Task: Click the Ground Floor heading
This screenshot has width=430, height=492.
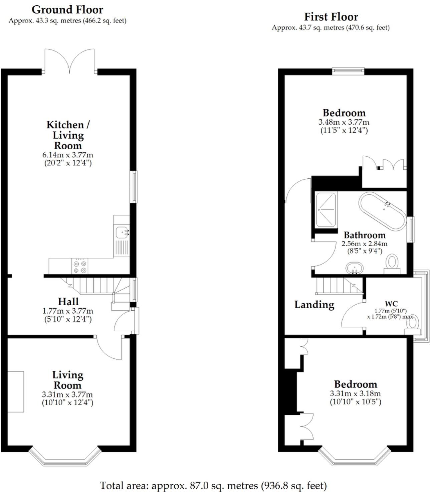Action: (x=67, y=9)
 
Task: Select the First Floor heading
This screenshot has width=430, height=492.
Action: (x=331, y=17)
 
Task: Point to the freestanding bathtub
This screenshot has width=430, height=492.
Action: (x=382, y=211)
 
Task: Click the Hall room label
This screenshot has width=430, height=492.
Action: (x=68, y=302)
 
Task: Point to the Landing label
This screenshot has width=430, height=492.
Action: (x=314, y=305)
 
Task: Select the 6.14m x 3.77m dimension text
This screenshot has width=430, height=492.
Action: (x=68, y=155)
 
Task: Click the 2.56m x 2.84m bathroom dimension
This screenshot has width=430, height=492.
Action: (x=365, y=243)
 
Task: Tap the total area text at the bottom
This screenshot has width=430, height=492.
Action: (x=213, y=485)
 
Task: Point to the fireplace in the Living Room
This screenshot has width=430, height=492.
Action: (x=16, y=391)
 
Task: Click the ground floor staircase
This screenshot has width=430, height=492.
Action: (x=100, y=287)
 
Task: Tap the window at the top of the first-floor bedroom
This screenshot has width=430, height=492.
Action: (x=348, y=70)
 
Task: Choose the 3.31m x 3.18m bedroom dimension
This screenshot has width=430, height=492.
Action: (x=355, y=393)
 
